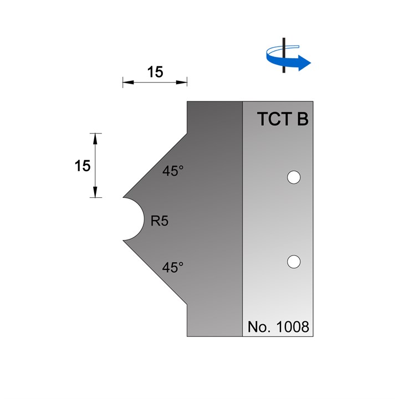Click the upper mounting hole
(293, 177)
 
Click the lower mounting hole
(293, 261)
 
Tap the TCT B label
(283, 120)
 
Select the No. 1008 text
(278, 326)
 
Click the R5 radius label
(160, 221)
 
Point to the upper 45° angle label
(173, 171)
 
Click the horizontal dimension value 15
(155, 73)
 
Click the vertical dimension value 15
(83, 165)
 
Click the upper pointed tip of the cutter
(124, 197)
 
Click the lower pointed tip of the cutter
(124, 240)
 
